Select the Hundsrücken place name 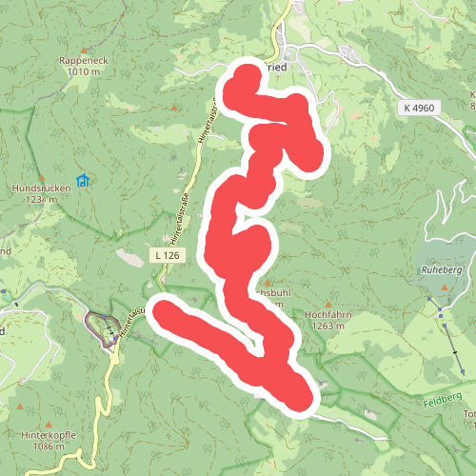click(42, 188)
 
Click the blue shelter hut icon click(83, 179)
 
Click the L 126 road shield click(165, 255)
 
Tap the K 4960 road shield click(418, 109)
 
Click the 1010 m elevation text click(84, 71)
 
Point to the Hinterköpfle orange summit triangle click(20, 407)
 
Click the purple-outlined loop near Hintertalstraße click(98, 326)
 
